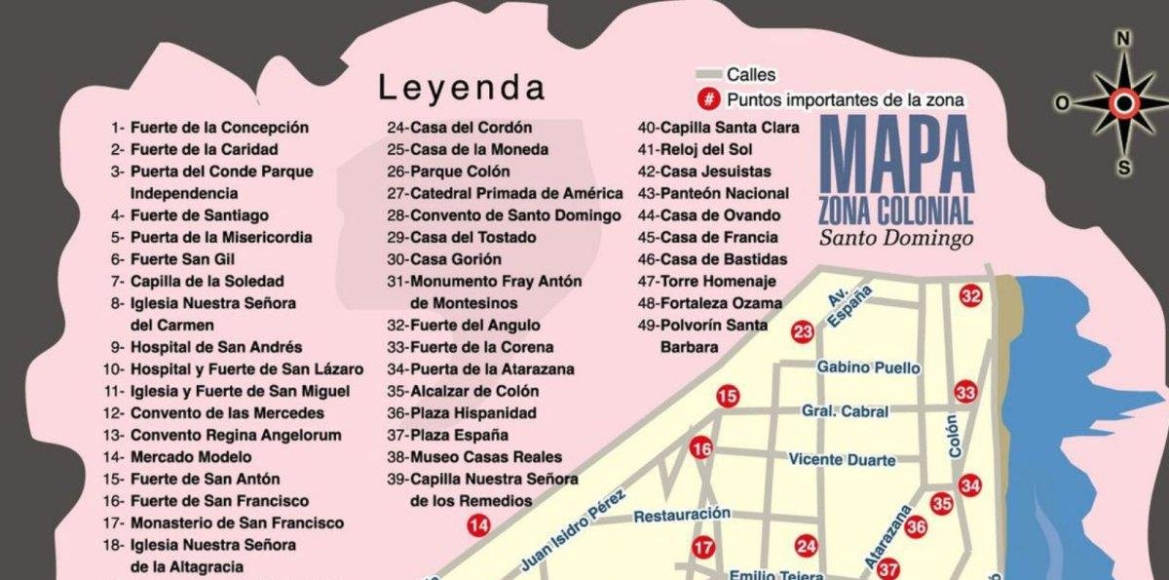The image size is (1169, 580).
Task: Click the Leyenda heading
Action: [x=462, y=88]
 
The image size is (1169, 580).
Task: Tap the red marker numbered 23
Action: [x=803, y=332]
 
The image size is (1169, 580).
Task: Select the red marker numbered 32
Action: [x=970, y=296]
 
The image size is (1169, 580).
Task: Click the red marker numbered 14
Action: [x=478, y=526]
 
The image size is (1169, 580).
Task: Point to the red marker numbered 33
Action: [x=965, y=392]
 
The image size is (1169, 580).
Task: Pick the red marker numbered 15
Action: [x=728, y=396]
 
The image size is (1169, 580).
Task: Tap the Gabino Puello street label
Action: [x=868, y=367]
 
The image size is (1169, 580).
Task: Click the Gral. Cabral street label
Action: [x=845, y=411]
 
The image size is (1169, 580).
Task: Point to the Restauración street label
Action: [x=682, y=515]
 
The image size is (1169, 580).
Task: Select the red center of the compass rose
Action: [x=1123, y=102]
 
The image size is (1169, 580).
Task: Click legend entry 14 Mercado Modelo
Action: [x=180, y=456]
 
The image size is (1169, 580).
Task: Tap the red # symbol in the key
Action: [x=709, y=99]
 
